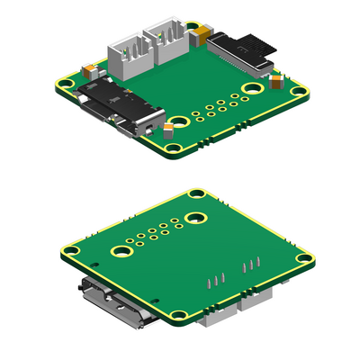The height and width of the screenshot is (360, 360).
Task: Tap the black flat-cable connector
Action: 243,49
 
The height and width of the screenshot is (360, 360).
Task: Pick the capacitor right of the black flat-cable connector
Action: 279,83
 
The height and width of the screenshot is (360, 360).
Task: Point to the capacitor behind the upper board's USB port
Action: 90,67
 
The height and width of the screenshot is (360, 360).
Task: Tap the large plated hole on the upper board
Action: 253,88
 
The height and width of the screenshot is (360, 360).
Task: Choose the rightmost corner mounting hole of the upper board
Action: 297,79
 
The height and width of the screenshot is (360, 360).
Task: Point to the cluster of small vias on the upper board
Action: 215,108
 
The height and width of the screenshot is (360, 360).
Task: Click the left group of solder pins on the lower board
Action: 215,280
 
